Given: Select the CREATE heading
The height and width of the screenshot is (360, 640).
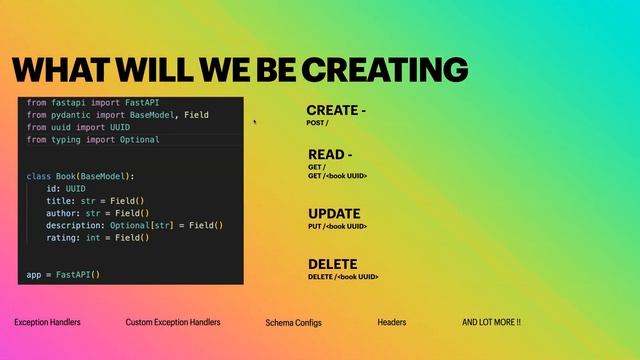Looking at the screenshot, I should [333, 110].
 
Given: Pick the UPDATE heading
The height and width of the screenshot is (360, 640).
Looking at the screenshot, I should [334, 214].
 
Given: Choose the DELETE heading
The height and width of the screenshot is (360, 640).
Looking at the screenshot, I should [333, 265].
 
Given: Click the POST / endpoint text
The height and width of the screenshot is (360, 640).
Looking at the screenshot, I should [317, 122].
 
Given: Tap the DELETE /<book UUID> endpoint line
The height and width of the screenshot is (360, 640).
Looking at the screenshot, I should [343, 277].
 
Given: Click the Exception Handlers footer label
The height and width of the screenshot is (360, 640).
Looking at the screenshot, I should [47, 323].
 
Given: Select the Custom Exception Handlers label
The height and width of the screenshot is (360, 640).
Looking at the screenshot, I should [173, 323].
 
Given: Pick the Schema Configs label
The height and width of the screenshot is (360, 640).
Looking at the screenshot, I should [293, 323].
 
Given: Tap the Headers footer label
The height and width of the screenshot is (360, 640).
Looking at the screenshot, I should [392, 323].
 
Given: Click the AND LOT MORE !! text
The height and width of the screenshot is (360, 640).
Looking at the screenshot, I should [491, 323].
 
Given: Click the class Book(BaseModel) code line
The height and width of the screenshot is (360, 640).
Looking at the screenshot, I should [80, 176].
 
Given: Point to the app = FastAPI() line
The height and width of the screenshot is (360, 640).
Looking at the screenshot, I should [64, 274].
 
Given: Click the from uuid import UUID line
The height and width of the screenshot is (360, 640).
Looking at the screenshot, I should [78, 128].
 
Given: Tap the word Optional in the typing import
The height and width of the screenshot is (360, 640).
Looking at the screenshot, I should [135, 140].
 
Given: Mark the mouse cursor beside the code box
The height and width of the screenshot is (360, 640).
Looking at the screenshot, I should [255, 121].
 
